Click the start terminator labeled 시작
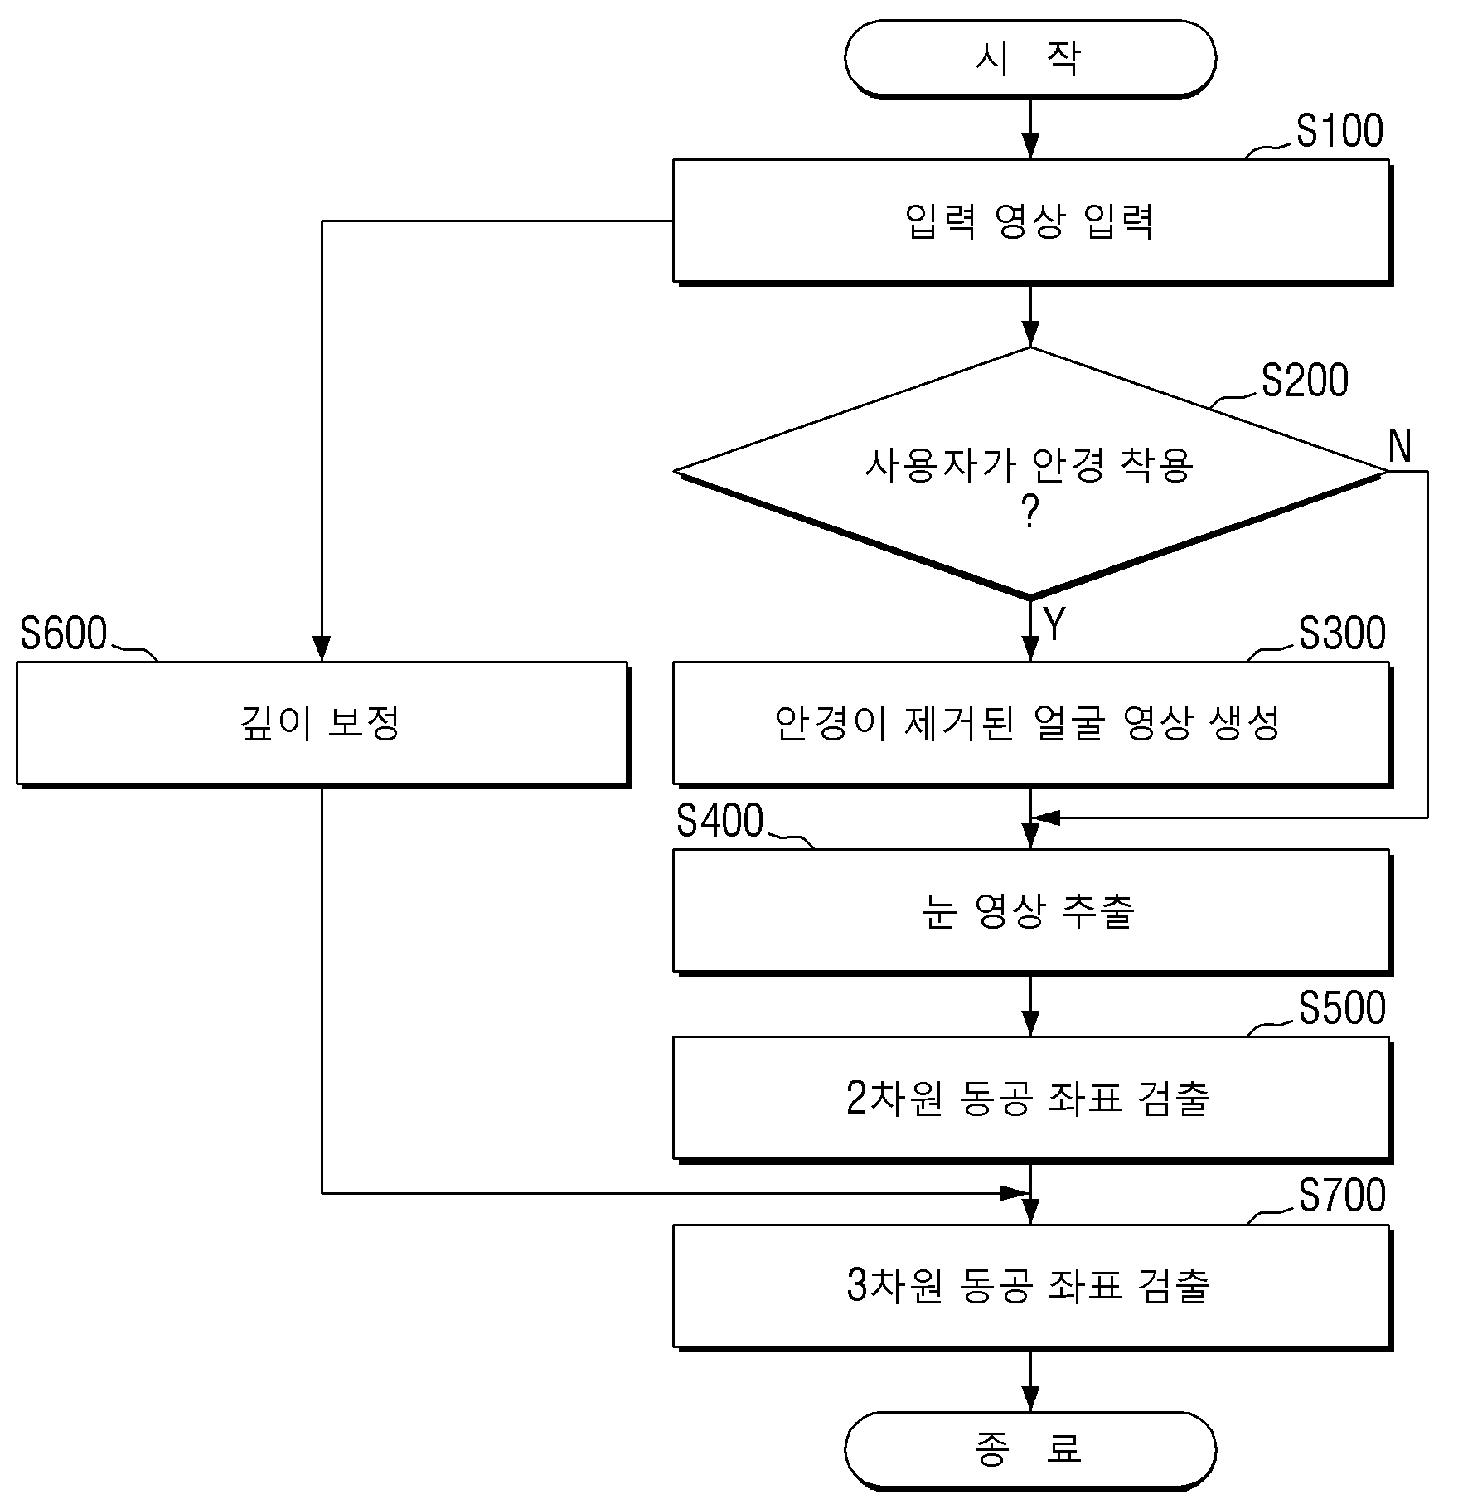click(1030, 59)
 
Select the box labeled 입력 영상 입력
click(1031, 221)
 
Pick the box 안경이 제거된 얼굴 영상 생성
click(1031, 723)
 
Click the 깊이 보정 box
click(322, 723)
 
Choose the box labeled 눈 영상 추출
click(1031, 910)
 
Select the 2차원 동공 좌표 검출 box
click(1031, 1098)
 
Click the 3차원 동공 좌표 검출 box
click(1031, 1286)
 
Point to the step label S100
click(1339, 131)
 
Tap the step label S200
click(1305, 381)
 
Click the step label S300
click(1342, 633)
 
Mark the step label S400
click(719, 821)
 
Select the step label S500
click(1342, 1008)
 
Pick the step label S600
click(64, 633)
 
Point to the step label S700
click(1342, 1196)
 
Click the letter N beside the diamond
click(1400, 446)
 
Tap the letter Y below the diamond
click(1054, 624)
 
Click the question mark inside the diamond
click(1030, 512)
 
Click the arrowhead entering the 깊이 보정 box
click(322, 649)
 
